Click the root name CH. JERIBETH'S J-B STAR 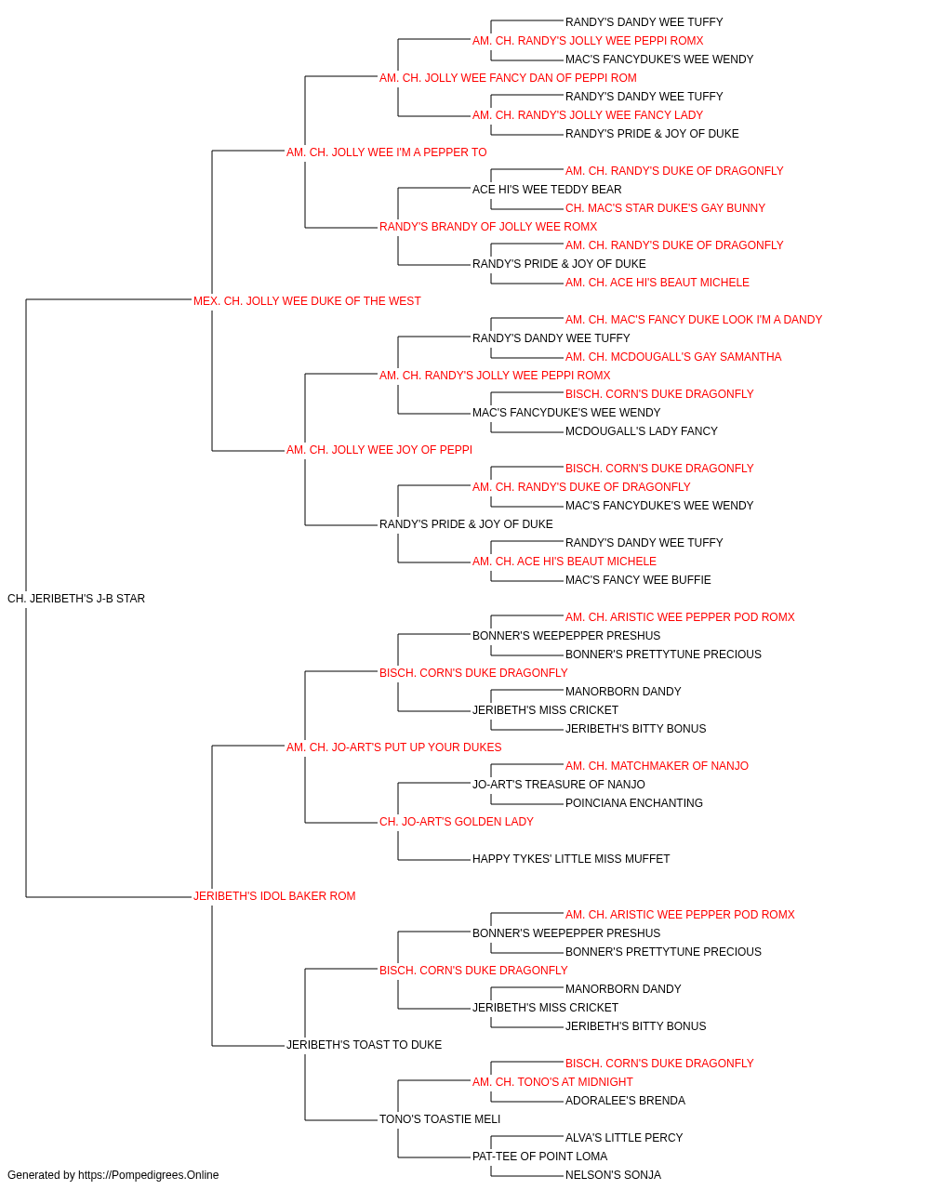point(76,599)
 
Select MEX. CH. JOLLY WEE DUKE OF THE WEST point(307,301)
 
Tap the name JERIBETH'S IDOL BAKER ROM point(274,896)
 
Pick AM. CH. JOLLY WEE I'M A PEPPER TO point(386,152)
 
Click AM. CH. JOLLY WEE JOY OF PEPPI point(379,450)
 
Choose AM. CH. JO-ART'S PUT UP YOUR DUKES point(393,747)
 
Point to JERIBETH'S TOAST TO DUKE point(364,1044)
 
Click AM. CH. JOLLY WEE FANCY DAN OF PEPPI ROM point(508,78)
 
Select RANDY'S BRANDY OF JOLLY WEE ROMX point(488,227)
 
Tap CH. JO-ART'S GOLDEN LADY point(457,822)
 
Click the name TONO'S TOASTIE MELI point(440,1118)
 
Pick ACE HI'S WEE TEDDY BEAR point(547,190)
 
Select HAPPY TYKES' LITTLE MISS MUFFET point(571,859)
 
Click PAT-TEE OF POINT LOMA point(539,1156)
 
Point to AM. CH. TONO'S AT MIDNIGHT point(552,1081)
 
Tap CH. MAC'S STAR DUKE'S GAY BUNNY point(665,208)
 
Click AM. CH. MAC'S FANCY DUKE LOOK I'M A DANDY point(694,320)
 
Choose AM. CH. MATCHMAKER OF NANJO point(657,765)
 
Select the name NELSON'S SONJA point(613,1175)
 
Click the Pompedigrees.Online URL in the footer point(148,1175)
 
